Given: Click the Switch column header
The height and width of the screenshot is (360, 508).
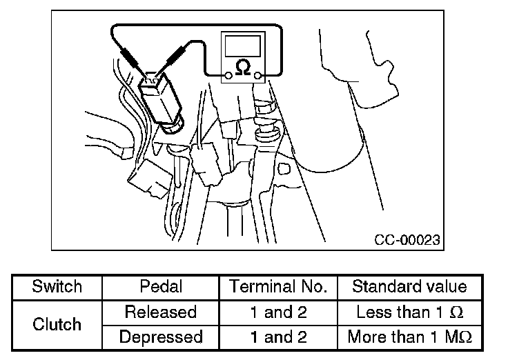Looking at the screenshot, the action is tap(57, 287).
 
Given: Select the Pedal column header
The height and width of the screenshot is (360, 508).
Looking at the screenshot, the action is tap(160, 287).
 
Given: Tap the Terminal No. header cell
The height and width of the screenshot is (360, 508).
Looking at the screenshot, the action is tap(277, 287).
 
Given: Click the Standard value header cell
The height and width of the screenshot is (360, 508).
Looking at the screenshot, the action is tap(409, 287).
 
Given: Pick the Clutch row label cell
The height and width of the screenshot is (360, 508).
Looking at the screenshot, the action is tap(57, 324).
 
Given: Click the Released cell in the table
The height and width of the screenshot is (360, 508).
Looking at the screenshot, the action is tap(160, 312).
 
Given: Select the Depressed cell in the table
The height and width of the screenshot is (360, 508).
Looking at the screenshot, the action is tap(160, 337).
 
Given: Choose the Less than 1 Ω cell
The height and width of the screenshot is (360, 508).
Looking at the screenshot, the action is tap(409, 312).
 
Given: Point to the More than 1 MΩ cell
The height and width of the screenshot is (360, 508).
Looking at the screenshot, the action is tap(409, 337).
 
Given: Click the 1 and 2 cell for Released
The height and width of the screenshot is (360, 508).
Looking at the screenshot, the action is tap(277, 312).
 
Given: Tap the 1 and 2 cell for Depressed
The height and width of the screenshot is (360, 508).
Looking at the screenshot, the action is tap(277, 337).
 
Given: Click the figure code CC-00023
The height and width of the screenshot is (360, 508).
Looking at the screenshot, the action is tap(407, 240).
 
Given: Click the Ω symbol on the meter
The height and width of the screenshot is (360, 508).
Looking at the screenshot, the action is tap(243, 68).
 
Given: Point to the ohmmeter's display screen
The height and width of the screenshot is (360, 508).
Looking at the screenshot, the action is tap(243, 45).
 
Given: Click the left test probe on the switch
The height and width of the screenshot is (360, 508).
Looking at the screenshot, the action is tap(132, 54).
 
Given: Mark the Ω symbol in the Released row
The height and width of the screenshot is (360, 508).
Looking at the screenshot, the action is tap(456, 312).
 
